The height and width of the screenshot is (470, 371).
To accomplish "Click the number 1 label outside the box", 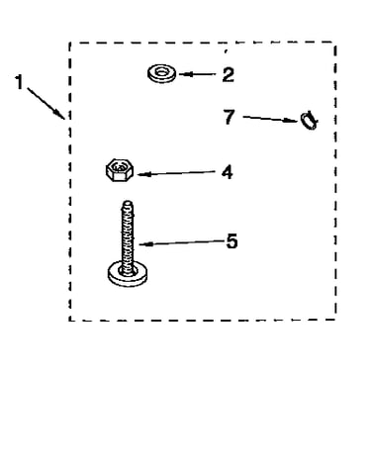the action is [x=20, y=82].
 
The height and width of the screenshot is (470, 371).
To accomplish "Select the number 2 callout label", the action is [x=228, y=74].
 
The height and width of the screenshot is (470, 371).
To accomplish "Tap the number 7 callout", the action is [x=230, y=117].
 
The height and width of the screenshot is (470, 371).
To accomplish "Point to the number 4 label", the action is [x=228, y=172].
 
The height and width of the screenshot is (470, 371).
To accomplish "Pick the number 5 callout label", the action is [x=232, y=241].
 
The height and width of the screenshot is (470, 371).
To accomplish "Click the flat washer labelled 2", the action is [x=162, y=74].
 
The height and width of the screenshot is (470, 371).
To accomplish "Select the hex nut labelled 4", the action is [x=120, y=169].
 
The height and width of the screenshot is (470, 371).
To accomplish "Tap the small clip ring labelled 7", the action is [x=309, y=121].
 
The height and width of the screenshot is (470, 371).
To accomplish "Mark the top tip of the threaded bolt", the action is [x=128, y=201].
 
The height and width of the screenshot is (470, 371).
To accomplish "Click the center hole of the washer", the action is [x=161, y=71].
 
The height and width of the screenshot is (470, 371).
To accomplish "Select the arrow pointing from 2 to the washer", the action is [x=197, y=74].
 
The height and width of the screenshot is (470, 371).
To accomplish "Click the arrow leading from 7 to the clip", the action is [x=271, y=119].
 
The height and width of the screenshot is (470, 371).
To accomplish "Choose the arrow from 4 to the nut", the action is [x=176, y=173].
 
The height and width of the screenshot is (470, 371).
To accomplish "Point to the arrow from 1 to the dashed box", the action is [x=46, y=103].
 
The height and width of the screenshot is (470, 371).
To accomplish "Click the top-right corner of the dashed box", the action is [x=335, y=43].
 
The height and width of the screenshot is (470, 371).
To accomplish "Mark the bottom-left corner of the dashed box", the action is [x=69, y=320].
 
